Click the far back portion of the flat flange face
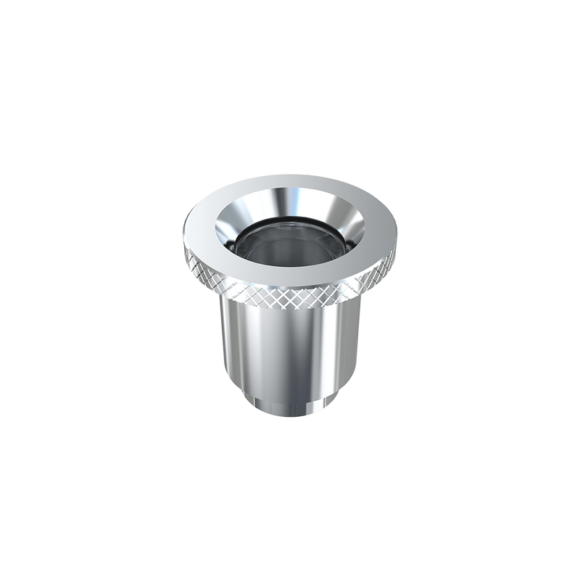pyautogui.click(x=290, y=182)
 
